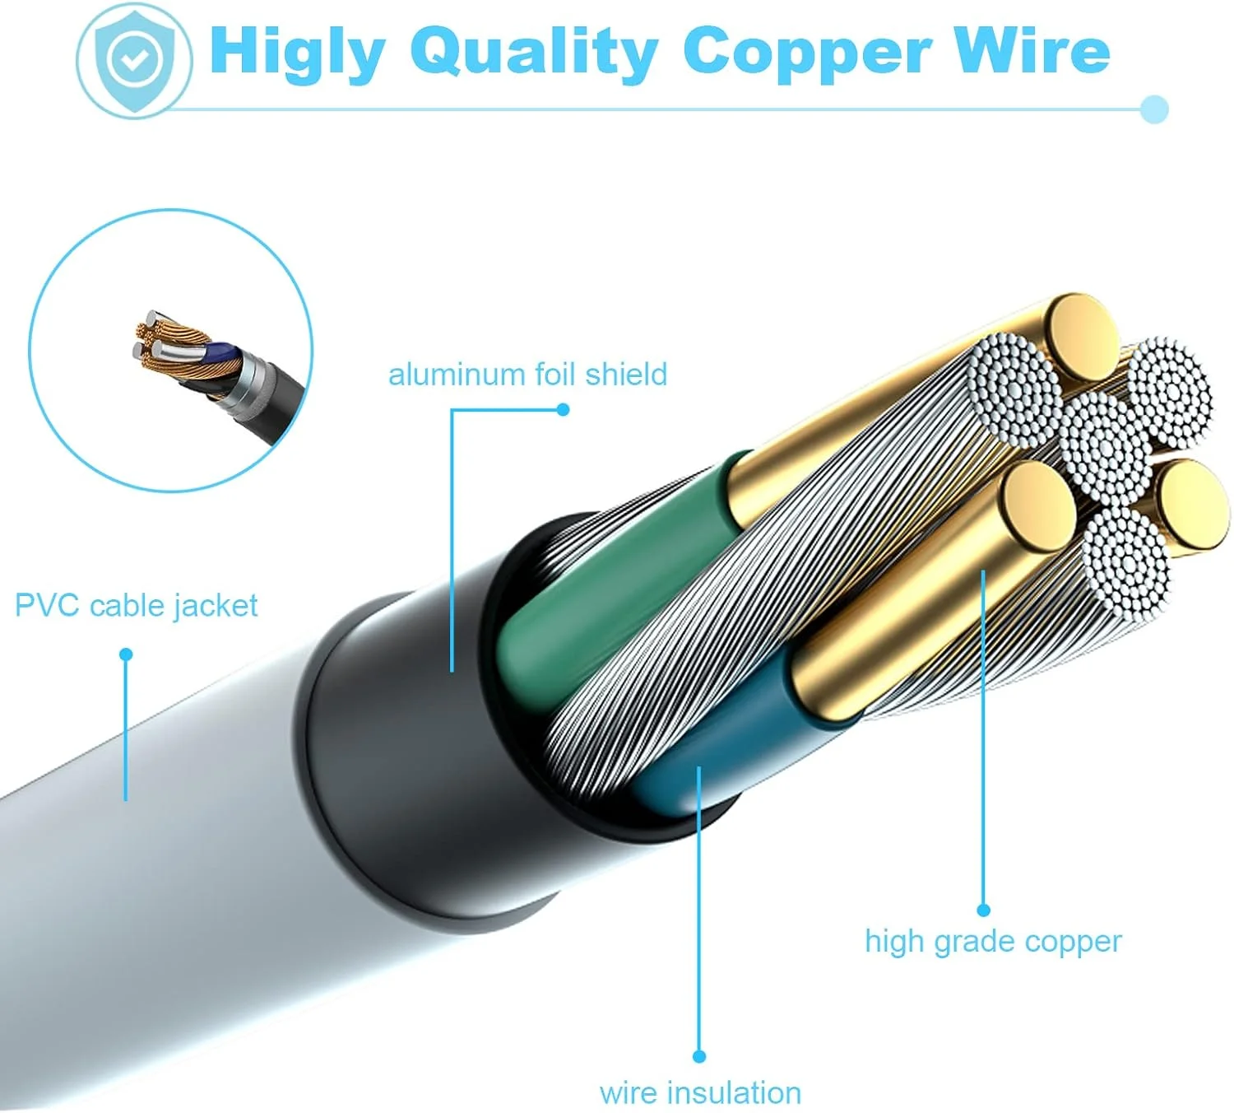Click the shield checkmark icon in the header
[134, 59]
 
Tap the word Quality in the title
[533, 53]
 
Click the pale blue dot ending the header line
[1155, 109]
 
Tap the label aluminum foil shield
[527, 375]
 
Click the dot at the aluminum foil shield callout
[563, 409]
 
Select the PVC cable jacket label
[136, 606]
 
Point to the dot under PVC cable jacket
[126, 654]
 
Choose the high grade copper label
[993, 941]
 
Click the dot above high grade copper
[983, 910]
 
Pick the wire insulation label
[700, 1092]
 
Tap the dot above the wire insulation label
[699, 1056]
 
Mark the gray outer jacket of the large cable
[165, 906]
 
